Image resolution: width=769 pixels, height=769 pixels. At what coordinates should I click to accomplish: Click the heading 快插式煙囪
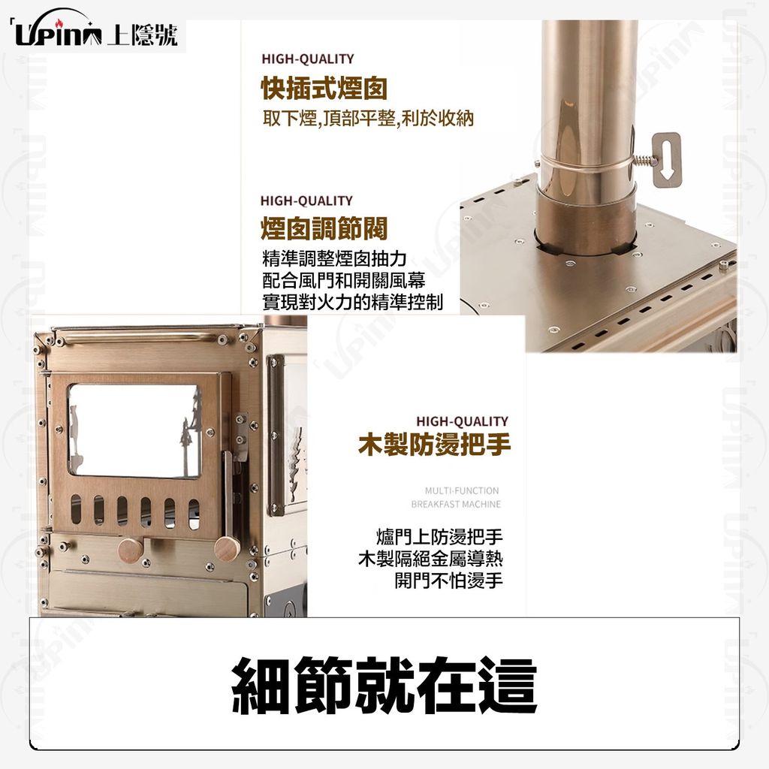(x=324, y=89)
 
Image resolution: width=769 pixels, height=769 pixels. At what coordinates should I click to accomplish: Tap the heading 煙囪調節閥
(x=324, y=228)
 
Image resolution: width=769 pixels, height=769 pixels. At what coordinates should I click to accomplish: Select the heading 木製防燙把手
(x=435, y=444)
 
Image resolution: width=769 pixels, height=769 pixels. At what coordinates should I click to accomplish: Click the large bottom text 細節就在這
(x=384, y=685)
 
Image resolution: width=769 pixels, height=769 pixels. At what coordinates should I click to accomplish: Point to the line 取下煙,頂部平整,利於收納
(x=368, y=118)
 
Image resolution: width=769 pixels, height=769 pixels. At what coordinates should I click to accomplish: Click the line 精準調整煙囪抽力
(x=334, y=258)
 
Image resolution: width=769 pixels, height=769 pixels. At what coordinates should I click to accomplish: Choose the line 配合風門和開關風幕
(x=344, y=280)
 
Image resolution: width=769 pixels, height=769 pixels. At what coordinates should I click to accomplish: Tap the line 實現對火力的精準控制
(x=353, y=302)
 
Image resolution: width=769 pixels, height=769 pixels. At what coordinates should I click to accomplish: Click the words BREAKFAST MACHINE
(x=456, y=504)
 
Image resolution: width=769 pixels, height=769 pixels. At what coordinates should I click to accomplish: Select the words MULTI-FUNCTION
(x=462, y=490)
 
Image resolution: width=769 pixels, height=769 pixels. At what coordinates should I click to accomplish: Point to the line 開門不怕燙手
(x=449, y=581)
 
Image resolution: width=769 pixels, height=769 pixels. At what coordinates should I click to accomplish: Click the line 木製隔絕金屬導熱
(x=430, y=559)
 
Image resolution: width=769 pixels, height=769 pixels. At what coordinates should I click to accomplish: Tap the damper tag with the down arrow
(x=667, y=160)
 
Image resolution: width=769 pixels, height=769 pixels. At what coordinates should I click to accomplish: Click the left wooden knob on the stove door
(x=131, y=551)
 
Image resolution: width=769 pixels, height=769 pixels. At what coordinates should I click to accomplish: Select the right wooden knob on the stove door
(x=227, y=549)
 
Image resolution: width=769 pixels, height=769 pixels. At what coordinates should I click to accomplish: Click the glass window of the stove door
(x=135, y=430)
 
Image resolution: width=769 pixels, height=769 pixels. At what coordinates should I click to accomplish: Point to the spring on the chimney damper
(x=641, y=161)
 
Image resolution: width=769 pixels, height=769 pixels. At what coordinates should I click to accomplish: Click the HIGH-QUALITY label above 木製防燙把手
(x=462, y=421)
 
